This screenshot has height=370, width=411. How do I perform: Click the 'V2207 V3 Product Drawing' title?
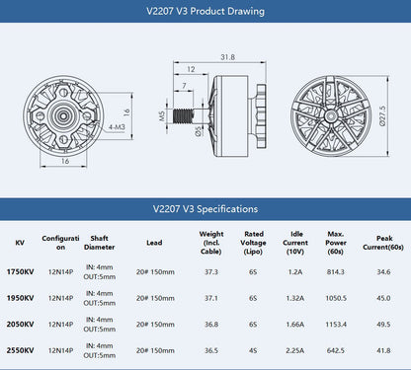(x=205, y=13)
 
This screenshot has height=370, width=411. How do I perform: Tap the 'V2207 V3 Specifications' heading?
(x=205, y=208)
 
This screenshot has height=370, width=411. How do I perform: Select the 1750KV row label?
(x=20, y=271)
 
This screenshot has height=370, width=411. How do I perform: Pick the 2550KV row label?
(x=20, y=349)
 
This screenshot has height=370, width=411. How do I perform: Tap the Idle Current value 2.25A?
(x=294, y=349)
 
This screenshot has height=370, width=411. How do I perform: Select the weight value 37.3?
(x=210, y=271)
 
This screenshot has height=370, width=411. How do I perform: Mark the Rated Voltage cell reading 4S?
(x=253, y=349)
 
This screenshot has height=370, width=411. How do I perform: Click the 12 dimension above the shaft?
(x=190, y=68)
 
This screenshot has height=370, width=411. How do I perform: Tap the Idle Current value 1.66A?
(x=294, y=323)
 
